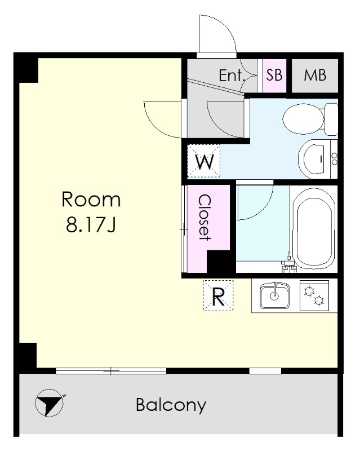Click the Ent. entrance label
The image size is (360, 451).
click(x=232, y=76)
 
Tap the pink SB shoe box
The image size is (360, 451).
click(x=274, y=76)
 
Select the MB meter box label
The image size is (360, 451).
click(x=315, y=76)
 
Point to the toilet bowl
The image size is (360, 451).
click(x=303, y=119)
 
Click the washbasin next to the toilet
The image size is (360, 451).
click(x=314, y=159)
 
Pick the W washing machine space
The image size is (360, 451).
click(x=203, y=161)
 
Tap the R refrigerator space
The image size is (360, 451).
click(x=218, y=295)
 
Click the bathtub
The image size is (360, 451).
click(x=314, y=229)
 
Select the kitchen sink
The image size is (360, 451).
click(x=274, y=295)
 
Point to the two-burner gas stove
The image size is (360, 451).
click(x=314, y=295)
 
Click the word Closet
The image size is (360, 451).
click(x=205, y=217)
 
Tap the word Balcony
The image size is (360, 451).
click(x=171, y=405)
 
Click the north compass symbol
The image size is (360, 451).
click(x=49, y=403)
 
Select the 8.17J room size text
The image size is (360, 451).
click(x=91, y=224)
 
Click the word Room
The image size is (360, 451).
click(x=91, y=200)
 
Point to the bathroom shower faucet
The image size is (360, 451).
click(x=288, y=262)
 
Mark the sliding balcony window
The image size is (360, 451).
click(x=111, y=371)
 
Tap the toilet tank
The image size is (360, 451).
click(x=331, y=120)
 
